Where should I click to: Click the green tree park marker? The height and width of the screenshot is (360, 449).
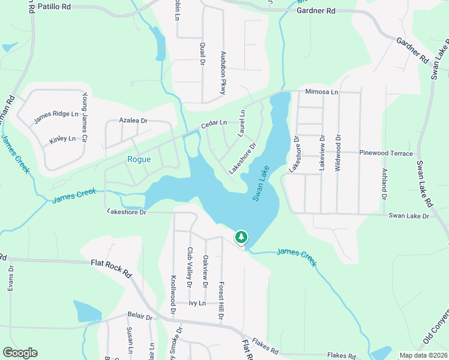(x=241, y=238)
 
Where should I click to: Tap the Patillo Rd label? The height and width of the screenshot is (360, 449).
(x=54, y=7)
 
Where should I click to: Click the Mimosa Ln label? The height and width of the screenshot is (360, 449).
(x=322, y=92)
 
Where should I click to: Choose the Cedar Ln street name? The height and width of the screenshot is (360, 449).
(x=214, y=124)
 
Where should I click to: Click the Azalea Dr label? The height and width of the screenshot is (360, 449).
(x=133, y=121)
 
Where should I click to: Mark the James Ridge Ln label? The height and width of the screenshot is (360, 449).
(x=56, y=113)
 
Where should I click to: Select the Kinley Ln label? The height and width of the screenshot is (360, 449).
(x=62, y=139)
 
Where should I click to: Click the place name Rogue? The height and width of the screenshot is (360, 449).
(x=139, y=159)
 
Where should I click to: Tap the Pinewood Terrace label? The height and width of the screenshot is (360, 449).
(x=386, y=153)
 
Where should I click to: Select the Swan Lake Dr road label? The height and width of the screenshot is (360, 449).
(x=409, y=215)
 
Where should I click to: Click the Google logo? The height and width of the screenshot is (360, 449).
(x=20, y=353)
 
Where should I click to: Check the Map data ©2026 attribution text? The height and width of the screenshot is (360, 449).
(x=423, y=355)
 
